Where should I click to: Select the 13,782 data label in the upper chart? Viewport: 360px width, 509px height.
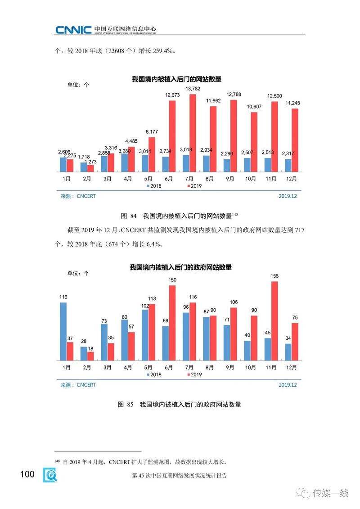coord(193,89)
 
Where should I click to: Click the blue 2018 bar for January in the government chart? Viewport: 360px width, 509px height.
coord(63,331)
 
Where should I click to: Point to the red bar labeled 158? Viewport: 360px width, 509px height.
coord(275,321)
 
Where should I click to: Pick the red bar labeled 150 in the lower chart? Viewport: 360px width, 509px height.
coord(172,323)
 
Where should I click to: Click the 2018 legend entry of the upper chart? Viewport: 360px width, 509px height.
coord(154,185)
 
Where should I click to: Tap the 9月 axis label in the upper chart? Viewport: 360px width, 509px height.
coord(230,179)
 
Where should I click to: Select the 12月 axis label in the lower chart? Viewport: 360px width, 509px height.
coord(292,368)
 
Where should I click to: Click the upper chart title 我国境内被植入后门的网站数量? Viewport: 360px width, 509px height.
coord(176,79)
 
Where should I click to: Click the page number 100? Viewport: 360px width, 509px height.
coord(27,474)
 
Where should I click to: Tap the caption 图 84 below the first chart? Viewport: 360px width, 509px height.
coord(128,216)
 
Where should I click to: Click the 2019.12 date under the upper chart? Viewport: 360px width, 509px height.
coord(288,196)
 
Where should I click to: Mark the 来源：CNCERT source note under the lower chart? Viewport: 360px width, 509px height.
coord(78,385)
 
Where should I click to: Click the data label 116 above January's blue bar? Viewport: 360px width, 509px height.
coord(63,297)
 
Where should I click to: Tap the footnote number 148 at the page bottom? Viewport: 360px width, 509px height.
coord(57,461)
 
